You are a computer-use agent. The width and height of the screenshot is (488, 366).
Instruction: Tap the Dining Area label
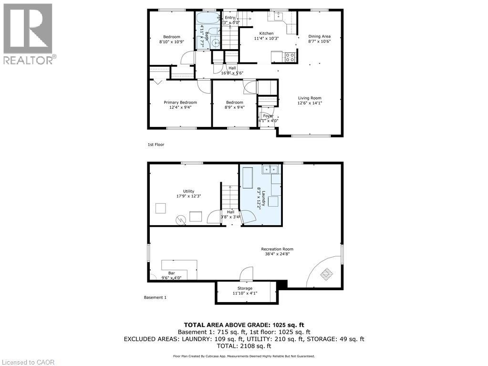pos(319,36)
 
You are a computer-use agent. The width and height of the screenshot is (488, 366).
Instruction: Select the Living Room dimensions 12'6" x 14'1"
pos(310,103)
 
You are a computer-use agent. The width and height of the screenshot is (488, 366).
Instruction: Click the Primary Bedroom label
pos(180,102)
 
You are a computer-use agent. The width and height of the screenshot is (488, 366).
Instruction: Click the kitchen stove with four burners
pos(290,57)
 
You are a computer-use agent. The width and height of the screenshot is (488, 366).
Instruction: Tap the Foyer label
pos(268,115)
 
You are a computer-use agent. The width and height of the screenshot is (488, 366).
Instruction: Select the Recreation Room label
pos(277,249)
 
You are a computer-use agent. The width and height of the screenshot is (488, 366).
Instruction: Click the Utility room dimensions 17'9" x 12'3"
pos(175,196)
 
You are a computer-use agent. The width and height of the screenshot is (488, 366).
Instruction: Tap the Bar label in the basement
pos(171,273)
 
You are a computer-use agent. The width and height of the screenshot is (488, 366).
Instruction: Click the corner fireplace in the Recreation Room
pos(327,273)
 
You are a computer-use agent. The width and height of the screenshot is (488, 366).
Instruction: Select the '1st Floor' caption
pos(156,145)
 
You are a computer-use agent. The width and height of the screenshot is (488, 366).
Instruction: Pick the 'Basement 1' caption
pos(155,297)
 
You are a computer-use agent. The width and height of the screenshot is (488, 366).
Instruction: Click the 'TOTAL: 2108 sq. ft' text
pos(244,346)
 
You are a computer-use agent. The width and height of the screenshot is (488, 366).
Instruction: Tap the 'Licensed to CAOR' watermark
pos(28,362)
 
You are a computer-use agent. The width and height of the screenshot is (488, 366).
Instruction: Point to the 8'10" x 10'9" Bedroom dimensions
pos(171,42)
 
